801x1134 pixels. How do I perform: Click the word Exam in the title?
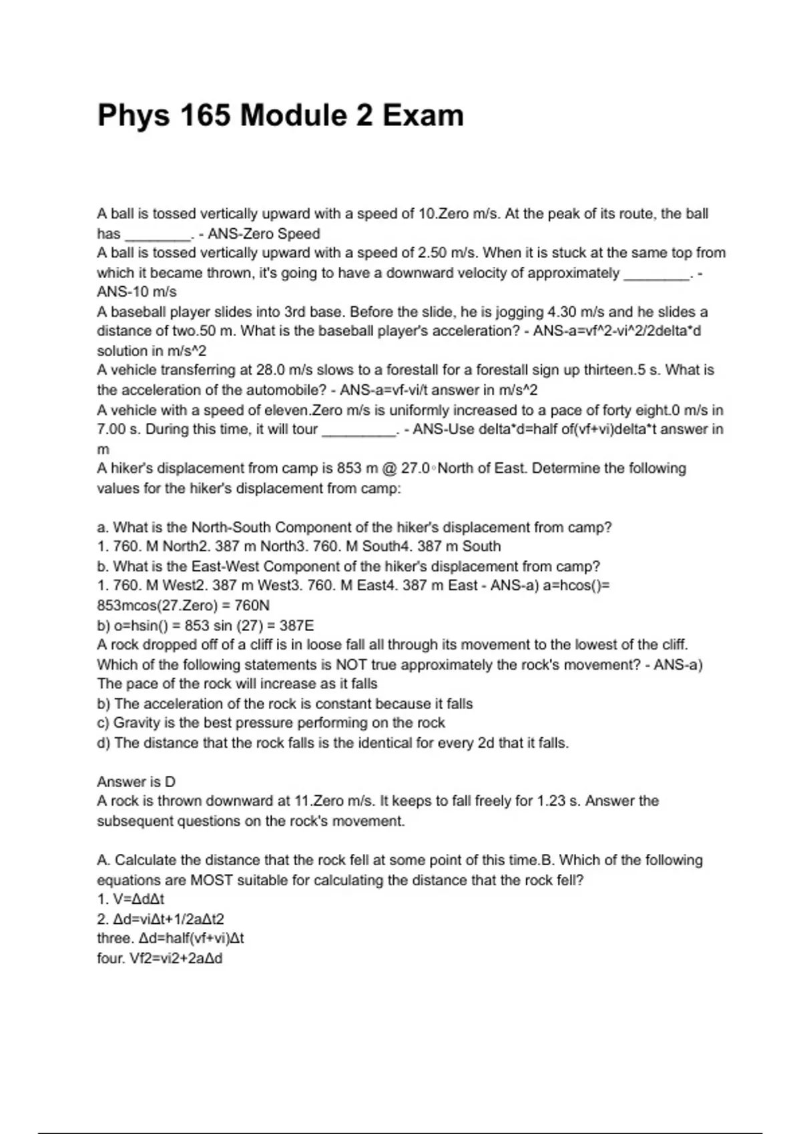[x=423, y=115]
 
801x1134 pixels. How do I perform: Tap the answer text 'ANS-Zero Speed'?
[x=264, y=233]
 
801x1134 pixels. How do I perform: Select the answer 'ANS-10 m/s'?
[x=137, y=292]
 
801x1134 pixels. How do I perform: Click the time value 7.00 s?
[x=117, y=429]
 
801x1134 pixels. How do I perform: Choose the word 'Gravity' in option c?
[x=138, y=722]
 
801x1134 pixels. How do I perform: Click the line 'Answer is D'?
[x=136, y=781]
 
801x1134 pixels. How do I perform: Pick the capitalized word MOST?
[x=212, y=880]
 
